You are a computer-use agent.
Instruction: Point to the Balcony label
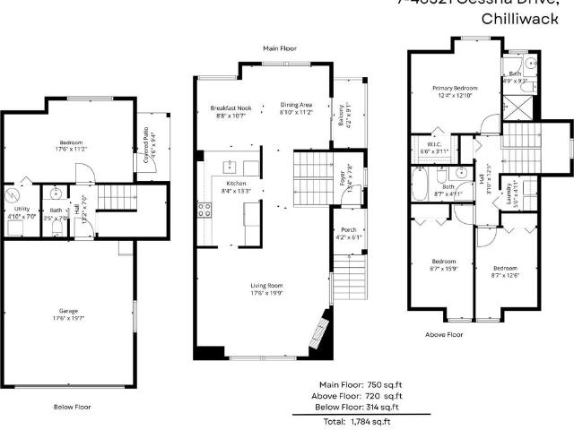tap(342, 116)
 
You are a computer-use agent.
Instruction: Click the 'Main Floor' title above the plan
tap(279, 48)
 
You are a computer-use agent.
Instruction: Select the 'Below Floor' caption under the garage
tap(71, 406)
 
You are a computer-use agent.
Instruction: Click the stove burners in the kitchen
tap(204, 211)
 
